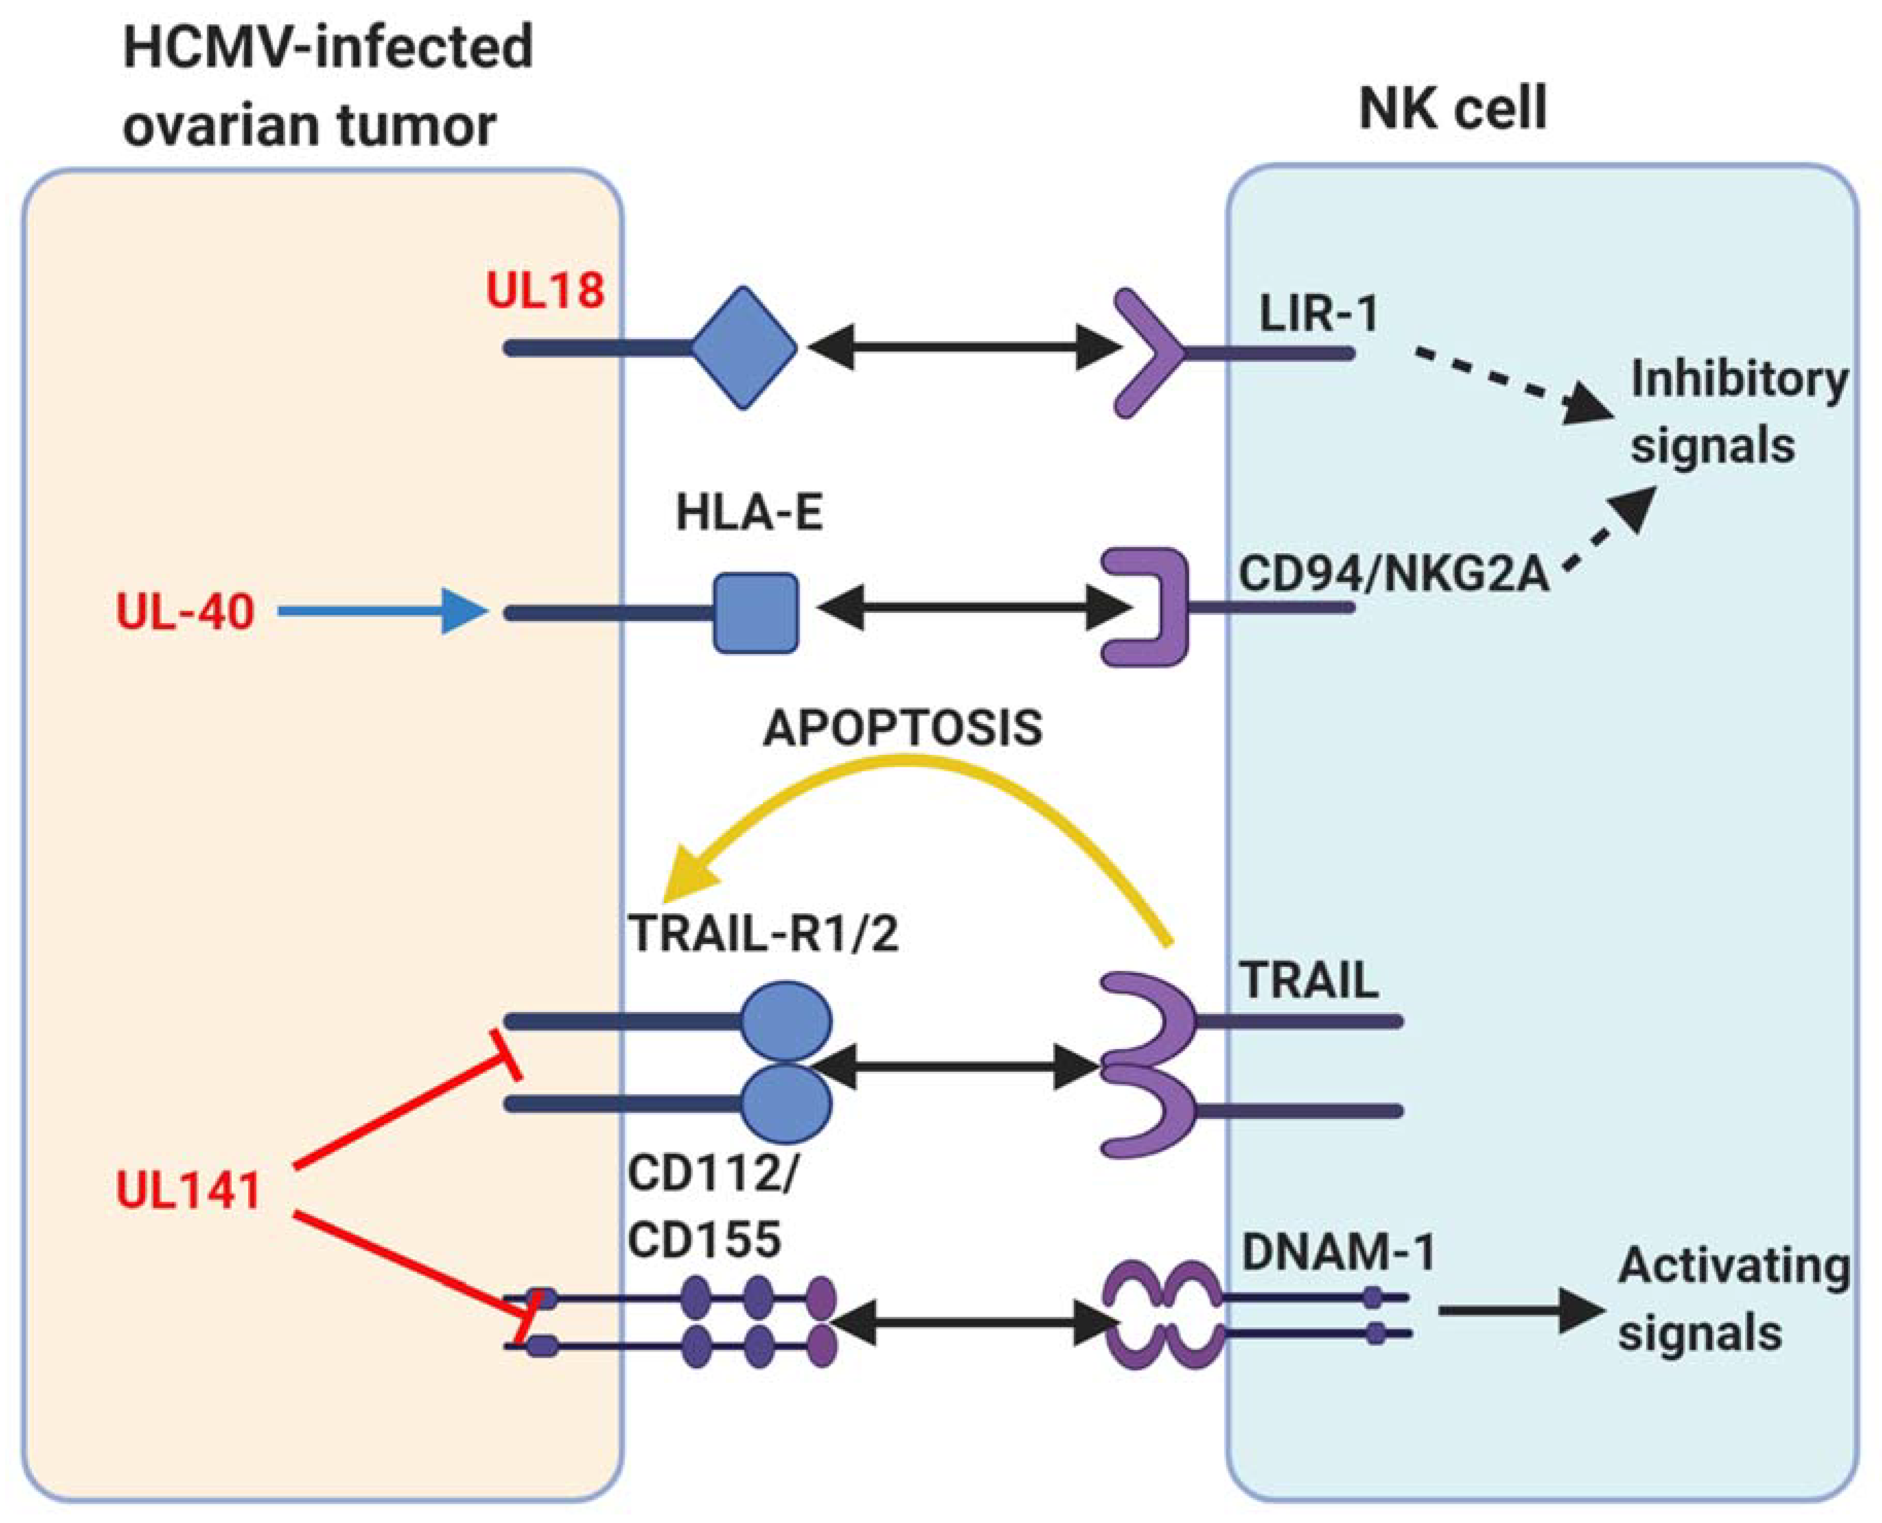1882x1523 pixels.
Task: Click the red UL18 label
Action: [x=545, y=290]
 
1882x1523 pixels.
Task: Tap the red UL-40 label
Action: [x=185, y=611]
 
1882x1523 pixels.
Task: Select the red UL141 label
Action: [x=189, y=1191]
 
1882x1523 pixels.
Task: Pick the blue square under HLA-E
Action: [x=755, y=612]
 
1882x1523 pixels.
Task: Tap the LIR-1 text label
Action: [x=1318, y=313]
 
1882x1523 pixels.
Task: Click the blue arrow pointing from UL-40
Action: [x=382, y=611]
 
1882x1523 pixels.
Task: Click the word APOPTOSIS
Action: [x=903, y=728]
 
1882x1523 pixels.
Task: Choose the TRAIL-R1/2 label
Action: [x=763, y=933]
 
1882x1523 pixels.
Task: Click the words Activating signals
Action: [x=1733, y=1299]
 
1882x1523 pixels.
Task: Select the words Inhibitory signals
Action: [x=1737, y=412]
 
